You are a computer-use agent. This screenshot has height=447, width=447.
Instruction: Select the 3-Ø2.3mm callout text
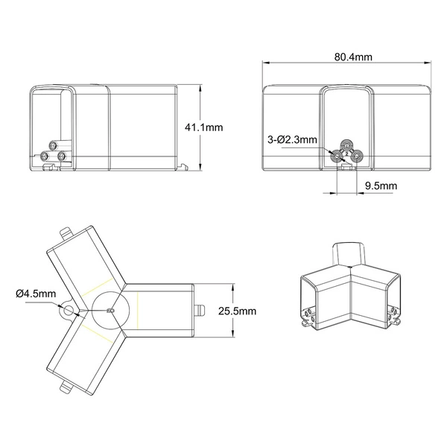(x=293, y=139)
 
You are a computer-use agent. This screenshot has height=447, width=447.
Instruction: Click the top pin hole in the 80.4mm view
(x=346, y=145)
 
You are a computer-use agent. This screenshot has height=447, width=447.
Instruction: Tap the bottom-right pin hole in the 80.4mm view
(x=355, y=156)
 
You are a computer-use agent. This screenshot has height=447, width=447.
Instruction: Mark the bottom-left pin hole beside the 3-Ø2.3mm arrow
(x=337, y=156)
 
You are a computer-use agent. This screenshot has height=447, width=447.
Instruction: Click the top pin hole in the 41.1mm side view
(x=51, y=145)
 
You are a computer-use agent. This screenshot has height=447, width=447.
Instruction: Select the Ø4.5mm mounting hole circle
(x=69, y=311)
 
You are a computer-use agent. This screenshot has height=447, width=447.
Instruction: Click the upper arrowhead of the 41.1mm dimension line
(x=203, y=88)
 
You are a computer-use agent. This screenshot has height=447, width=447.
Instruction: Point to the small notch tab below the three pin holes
(x=344, y=168)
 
